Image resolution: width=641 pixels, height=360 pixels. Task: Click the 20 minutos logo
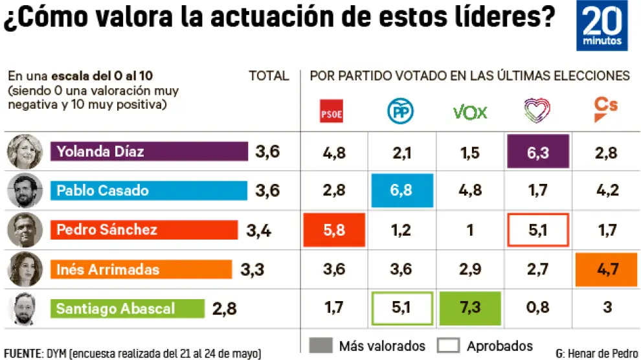(602, 26)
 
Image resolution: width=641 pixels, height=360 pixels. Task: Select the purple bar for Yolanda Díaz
(149, 152)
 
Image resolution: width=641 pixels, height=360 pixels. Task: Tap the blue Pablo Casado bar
(149, 190)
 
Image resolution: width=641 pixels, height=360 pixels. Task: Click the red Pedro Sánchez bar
(144, 229)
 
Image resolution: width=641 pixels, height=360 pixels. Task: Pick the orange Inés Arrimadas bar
(141, 269)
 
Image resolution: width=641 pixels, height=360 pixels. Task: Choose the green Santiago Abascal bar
(128, 308)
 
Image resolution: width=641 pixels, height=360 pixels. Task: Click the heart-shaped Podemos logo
(537, 111)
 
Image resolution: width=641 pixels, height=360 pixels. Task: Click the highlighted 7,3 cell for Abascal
(470, 308)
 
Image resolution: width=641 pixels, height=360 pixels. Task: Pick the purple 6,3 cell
(538, 153)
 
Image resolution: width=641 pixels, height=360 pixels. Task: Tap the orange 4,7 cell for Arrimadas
(606, 269)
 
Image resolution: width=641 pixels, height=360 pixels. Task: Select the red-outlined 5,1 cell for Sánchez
(538, 230)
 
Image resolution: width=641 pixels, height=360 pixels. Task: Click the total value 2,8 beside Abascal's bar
(225, 309)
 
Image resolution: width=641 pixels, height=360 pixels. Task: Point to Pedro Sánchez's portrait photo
(25, 230)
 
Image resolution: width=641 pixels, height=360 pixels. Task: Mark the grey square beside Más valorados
(321, 346)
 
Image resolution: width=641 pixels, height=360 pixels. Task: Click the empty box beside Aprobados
(449, 346)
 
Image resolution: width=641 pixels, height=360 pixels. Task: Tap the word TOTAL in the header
(269, 76)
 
